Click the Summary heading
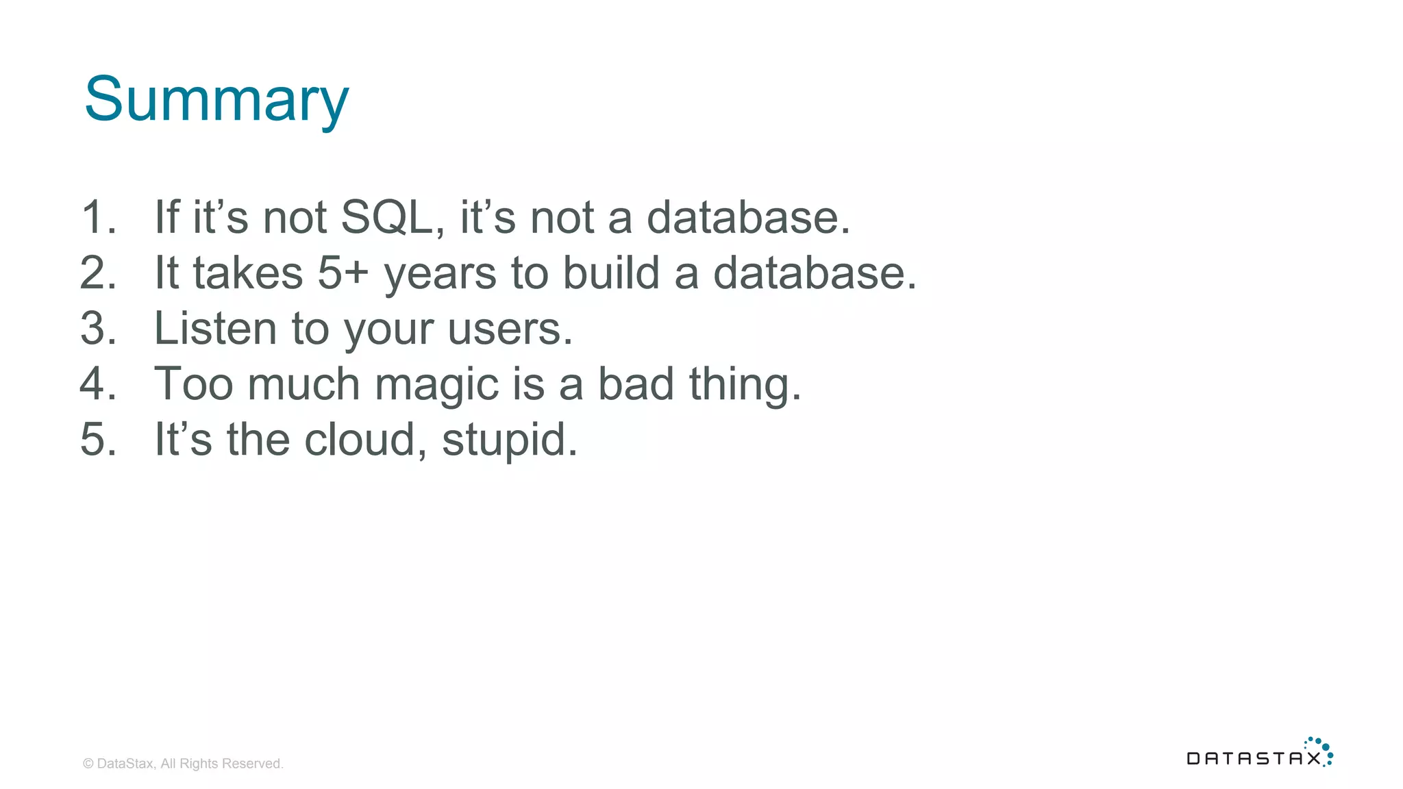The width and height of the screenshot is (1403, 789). click(216, 100)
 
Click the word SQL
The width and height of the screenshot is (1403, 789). click(387, 217)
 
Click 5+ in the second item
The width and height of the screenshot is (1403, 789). click(343, 273)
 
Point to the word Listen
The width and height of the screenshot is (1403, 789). click(215, 328)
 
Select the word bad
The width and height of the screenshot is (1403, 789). click(636, 384)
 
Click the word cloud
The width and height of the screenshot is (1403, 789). click(360, 439)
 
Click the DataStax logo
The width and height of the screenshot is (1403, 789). click(1259, 753)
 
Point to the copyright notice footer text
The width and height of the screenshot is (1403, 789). click(183, 764)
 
